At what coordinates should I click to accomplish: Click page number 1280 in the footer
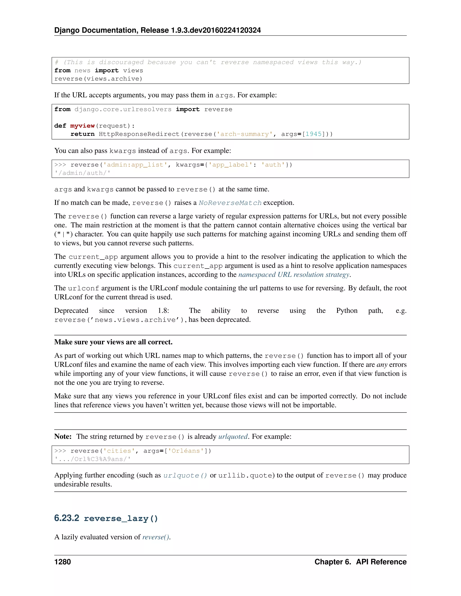click(63, 562)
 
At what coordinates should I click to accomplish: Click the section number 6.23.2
click(67, 518)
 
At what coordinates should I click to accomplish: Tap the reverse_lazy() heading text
click(121, 518)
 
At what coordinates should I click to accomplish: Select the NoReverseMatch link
click(230, 203)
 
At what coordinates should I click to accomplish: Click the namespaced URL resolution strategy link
click(294, 275)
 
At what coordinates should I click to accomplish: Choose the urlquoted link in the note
click(233, 437)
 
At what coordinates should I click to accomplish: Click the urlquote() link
click(185, 475)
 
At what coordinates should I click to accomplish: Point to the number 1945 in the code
click(314, 134)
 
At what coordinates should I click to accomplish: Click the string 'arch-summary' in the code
click(245, 134)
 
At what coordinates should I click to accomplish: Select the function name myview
click(82, 126)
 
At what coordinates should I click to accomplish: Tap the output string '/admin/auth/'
click(82, 173)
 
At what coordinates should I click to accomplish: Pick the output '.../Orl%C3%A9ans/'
click(93, 459)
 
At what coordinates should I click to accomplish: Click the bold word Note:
click(63, 437)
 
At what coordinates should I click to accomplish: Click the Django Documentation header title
click(157, 30)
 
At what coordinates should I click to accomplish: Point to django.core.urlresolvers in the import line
click(123, 110)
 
